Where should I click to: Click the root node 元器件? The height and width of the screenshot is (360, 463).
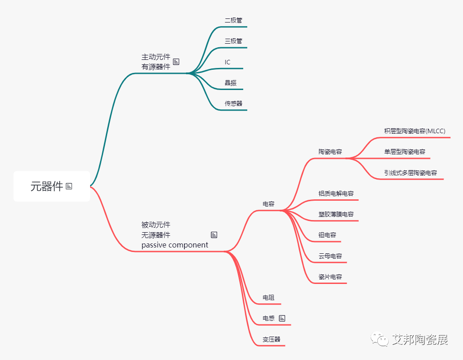[47, 186]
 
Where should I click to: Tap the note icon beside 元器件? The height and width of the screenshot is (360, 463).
[69, 186]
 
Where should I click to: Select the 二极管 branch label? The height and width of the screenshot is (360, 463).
[233, 20]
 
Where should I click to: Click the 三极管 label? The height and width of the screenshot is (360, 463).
[233, 41]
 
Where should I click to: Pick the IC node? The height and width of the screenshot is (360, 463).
[227, 62]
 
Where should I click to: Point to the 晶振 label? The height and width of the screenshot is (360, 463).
[231, 83]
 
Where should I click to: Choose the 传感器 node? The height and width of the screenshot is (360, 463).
[233, 103]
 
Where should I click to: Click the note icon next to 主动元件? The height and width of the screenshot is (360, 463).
[176, 62]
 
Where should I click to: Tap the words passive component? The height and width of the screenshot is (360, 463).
[175, 245]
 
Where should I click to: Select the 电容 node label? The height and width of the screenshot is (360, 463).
[268, 204]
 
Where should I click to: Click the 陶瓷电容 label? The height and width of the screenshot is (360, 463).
[330, 152]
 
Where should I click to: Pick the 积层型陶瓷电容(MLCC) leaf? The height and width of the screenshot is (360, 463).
[414, 131]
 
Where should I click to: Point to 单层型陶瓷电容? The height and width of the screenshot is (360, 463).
[404, 152]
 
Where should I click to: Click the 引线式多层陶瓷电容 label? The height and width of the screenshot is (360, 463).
[410, 173]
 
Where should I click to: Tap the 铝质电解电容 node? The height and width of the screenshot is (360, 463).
[336, 193]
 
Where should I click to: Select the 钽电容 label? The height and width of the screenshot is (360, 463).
[327, 235]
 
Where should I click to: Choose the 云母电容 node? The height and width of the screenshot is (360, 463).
[330, 256]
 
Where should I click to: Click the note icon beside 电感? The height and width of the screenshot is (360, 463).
[282, 318]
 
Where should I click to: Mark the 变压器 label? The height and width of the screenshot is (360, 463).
[272, 339]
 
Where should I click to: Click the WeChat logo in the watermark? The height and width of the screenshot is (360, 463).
[379, 339]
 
